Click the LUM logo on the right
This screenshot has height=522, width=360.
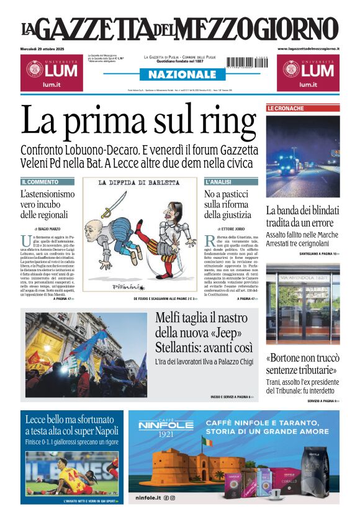308,72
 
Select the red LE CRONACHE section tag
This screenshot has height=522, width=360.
286,109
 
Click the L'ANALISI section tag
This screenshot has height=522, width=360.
218,182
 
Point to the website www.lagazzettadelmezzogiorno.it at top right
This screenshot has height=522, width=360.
308,48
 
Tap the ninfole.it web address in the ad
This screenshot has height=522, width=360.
148,497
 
